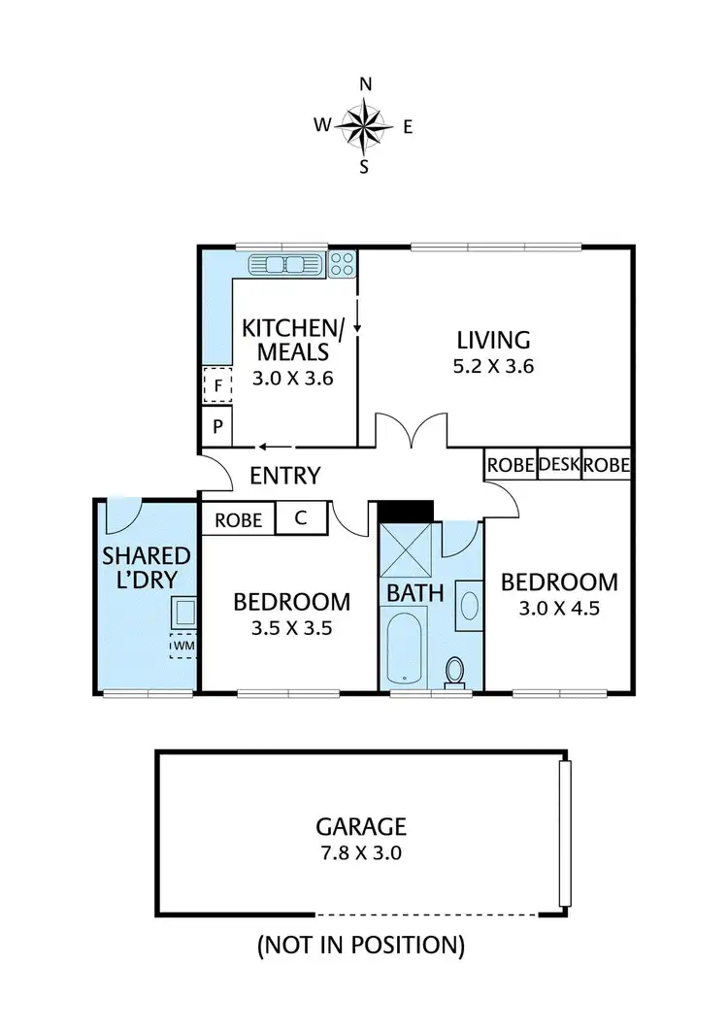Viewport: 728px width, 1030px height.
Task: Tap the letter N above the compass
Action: pyautogui.click(x=366, y=84)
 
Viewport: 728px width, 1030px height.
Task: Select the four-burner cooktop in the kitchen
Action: pyautogui.click(x=342, y=262)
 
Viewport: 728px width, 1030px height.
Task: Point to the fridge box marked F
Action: pyautogui.click(x=218, y=385)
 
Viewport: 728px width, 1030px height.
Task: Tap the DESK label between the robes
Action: pyautogui.click(x=559, y=465)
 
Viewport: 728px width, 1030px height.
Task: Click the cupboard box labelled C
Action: pyautogui.click(x=300, y=519)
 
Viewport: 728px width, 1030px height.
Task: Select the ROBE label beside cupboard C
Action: pyautogui.click(x=239, y=520)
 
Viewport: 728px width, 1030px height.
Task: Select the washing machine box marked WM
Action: pyautogui.click(x=183, y=645)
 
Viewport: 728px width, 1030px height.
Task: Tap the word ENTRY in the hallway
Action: pyautogui.click(x=284, y=476)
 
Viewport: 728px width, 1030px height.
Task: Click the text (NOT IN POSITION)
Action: pyautogui.click(x=360, y=943)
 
